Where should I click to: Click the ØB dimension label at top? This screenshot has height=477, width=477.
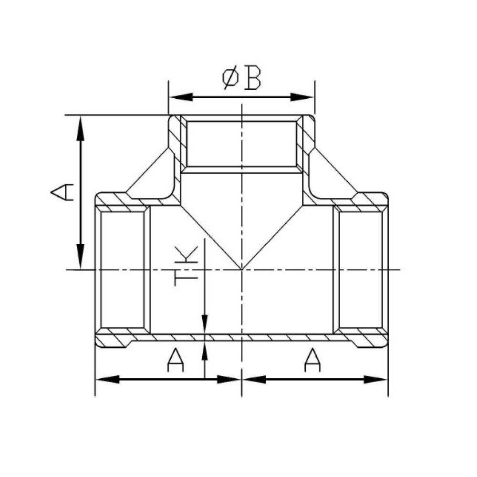[242, 79]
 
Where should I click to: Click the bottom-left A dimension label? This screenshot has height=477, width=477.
[176, 360]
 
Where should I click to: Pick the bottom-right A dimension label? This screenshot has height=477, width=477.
[312, 360]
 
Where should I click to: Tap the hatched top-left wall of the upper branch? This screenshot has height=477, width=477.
[176, 138]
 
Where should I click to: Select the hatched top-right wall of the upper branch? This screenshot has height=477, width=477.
[307, 138]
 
